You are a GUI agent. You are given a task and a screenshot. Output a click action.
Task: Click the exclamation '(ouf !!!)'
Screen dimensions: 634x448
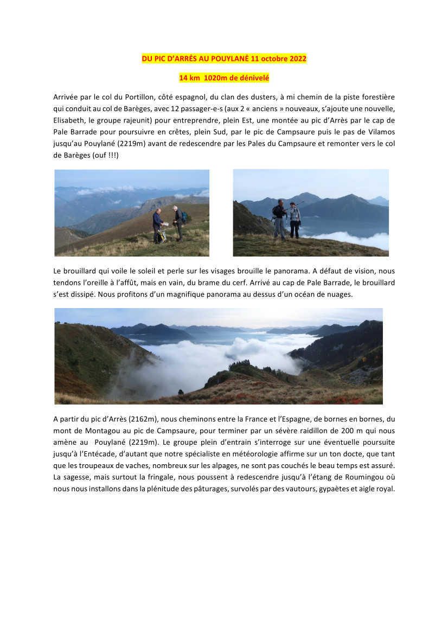(x=103, y=156)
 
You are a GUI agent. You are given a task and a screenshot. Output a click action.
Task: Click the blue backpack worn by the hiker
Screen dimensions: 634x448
(x=184, y=217)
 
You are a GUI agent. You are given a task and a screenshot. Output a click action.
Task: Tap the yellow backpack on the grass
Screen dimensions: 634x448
(x=161, y=236)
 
